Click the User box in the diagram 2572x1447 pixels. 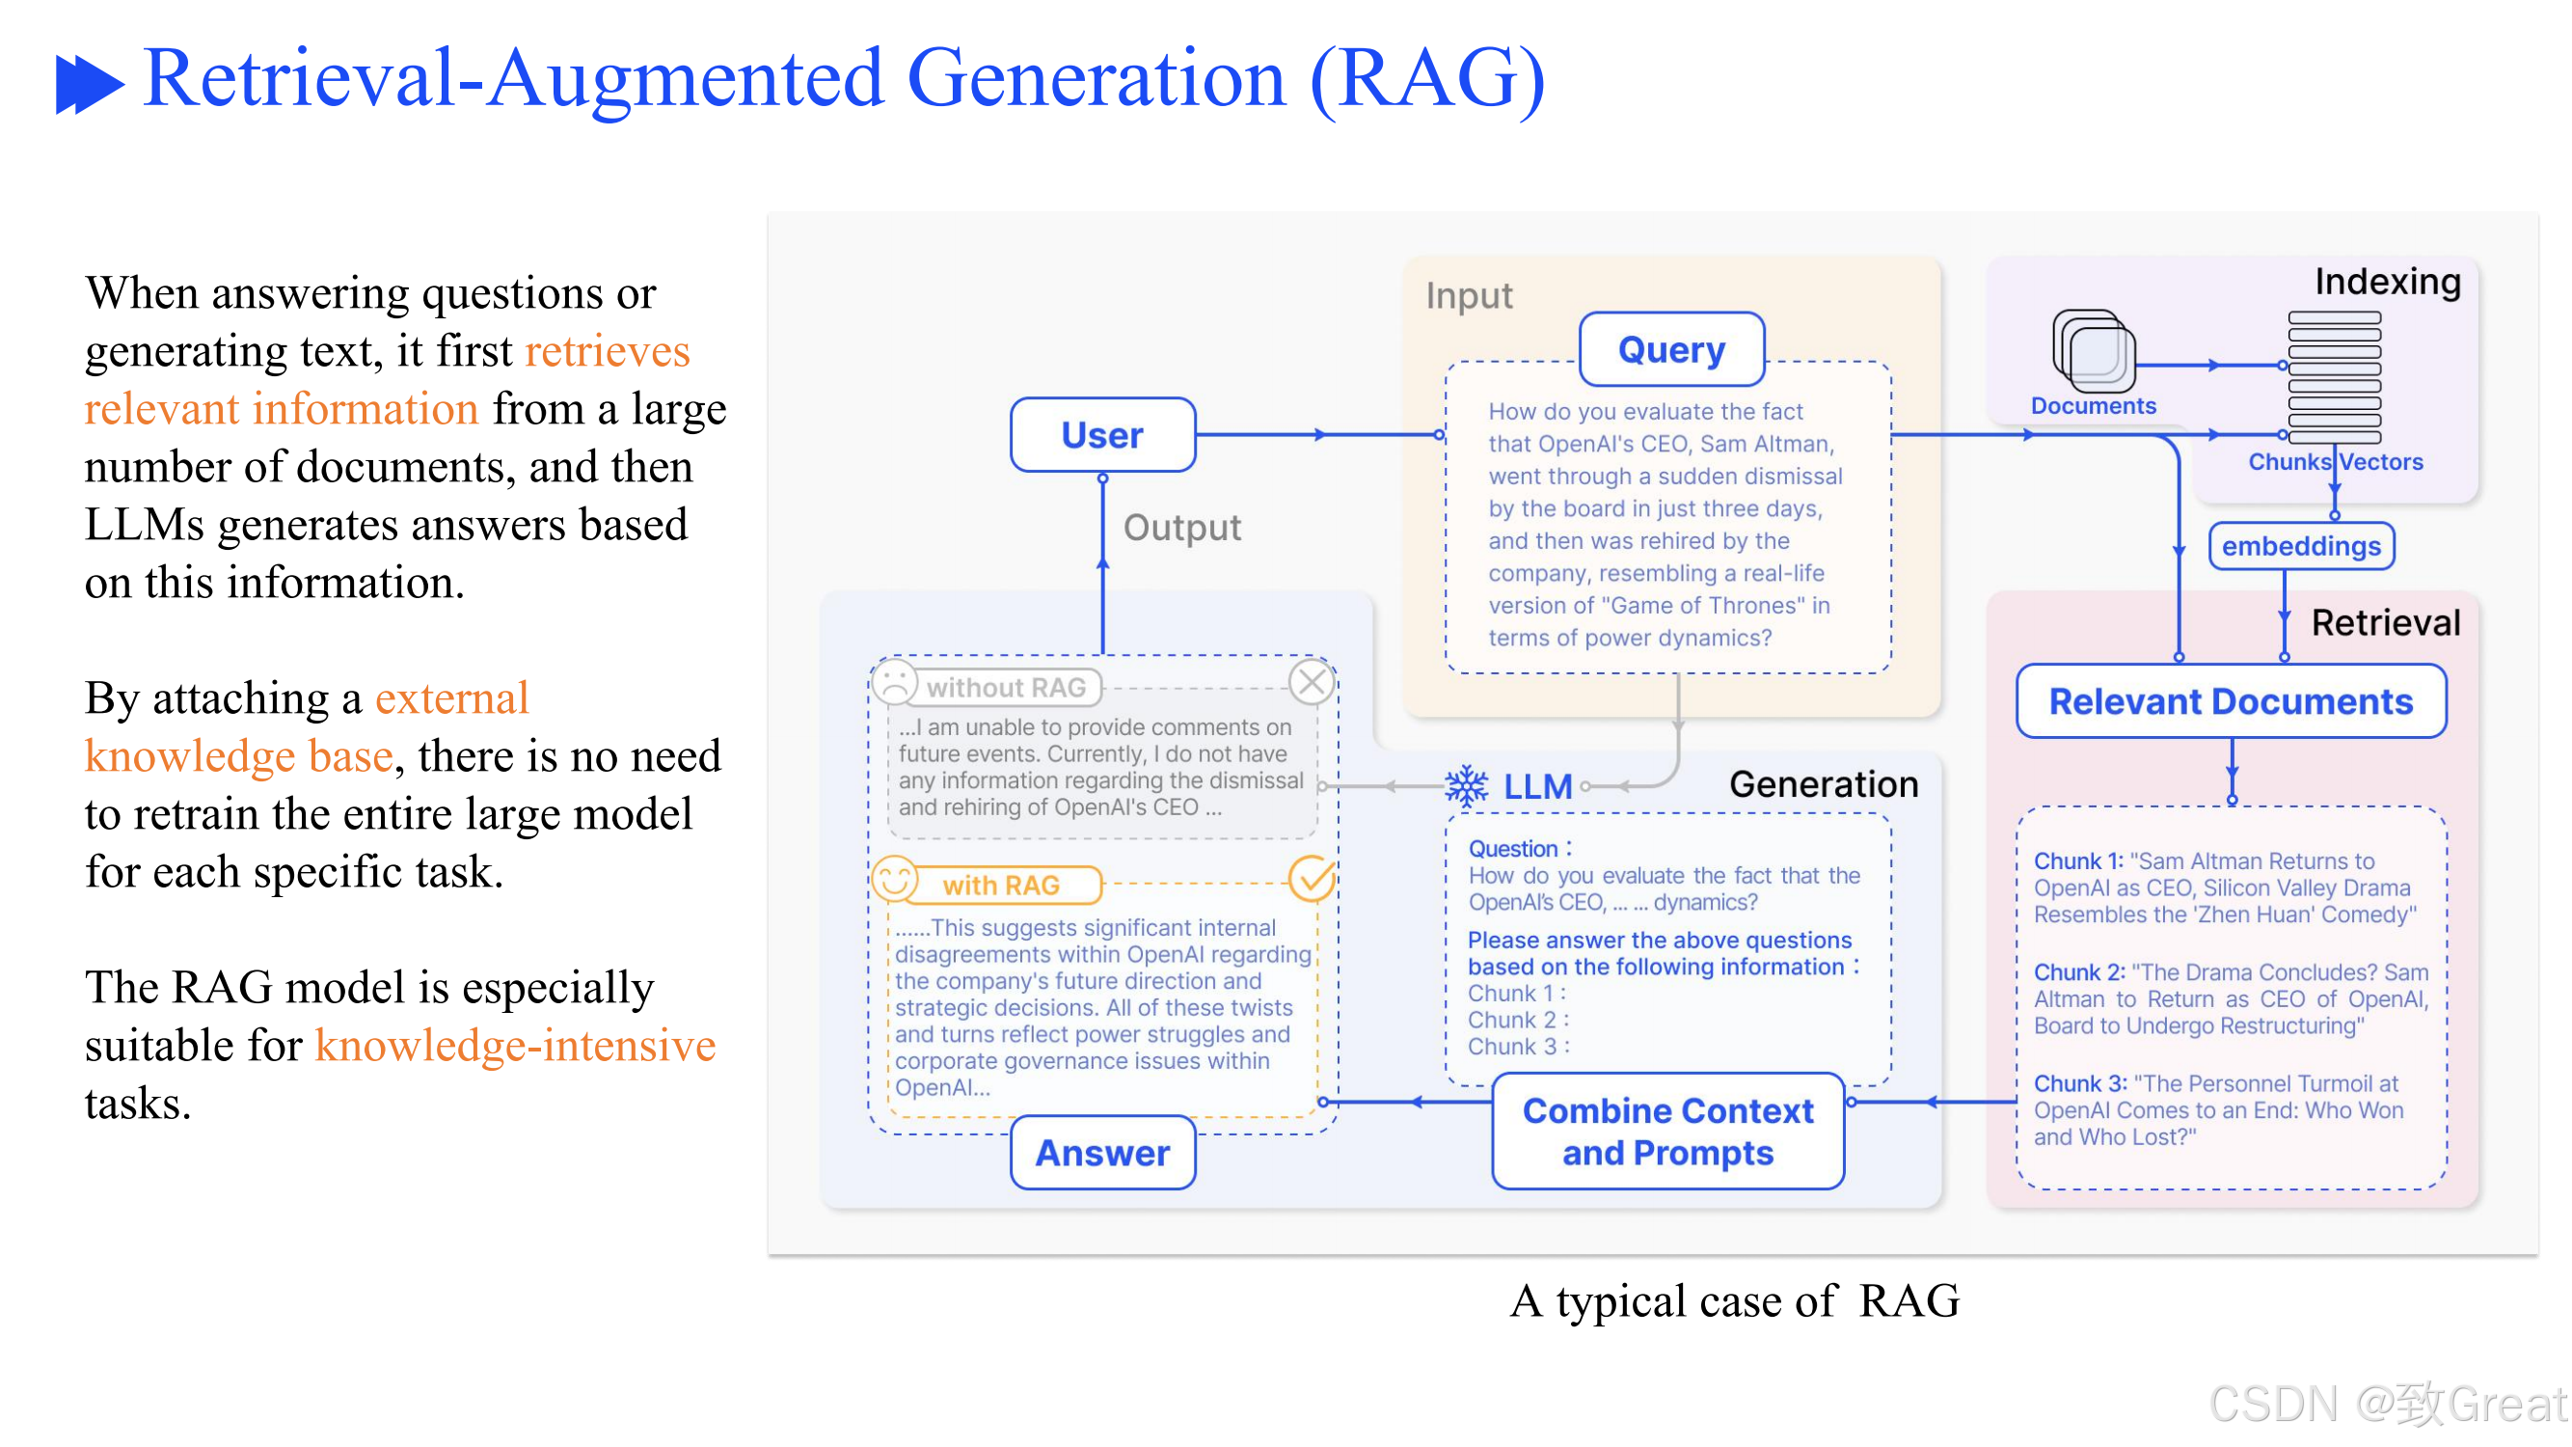pyautogui.click(x=1103, y=435)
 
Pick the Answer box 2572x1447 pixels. pyautogui.click(x=1103, y=1155)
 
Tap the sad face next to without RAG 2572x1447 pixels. pyautogui.click(x=896, y=683)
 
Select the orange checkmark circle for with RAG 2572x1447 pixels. pyautogui.click(x=1313, y=879)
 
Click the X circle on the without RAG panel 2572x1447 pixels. pyautogui.click(x=1313, y=683)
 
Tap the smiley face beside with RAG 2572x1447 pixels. pyautogui.click(x=896, y=880)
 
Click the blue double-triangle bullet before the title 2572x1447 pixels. pyautogui.click(x=90, y=84)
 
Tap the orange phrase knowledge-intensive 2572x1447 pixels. pyautogui.click(x=516, y=1047)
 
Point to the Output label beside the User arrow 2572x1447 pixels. pyautogui.click(x=1183, y=529)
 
